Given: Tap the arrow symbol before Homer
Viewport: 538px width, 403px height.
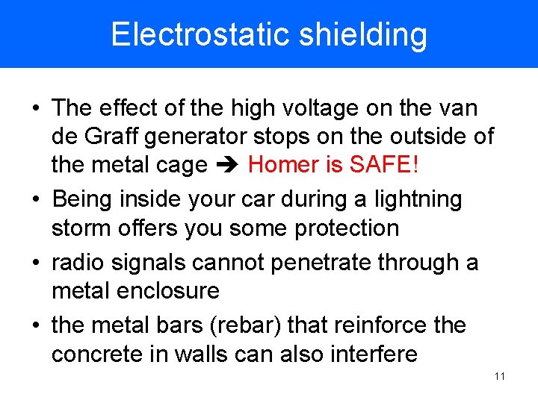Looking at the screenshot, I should [x=227, y=164].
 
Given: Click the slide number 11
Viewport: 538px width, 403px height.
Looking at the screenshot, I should [x=500, y=376].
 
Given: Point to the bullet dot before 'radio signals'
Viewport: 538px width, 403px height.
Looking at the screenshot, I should [x=36, y=263].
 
